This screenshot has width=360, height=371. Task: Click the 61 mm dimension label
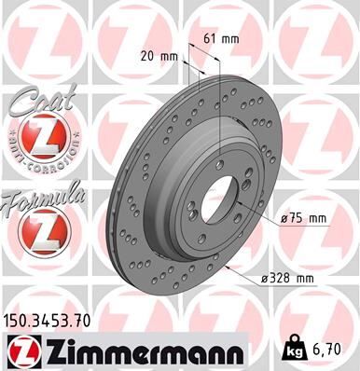[222, 40]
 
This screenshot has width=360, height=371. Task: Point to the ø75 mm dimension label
[306, 218]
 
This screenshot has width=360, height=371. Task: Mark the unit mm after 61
[229, 40]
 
